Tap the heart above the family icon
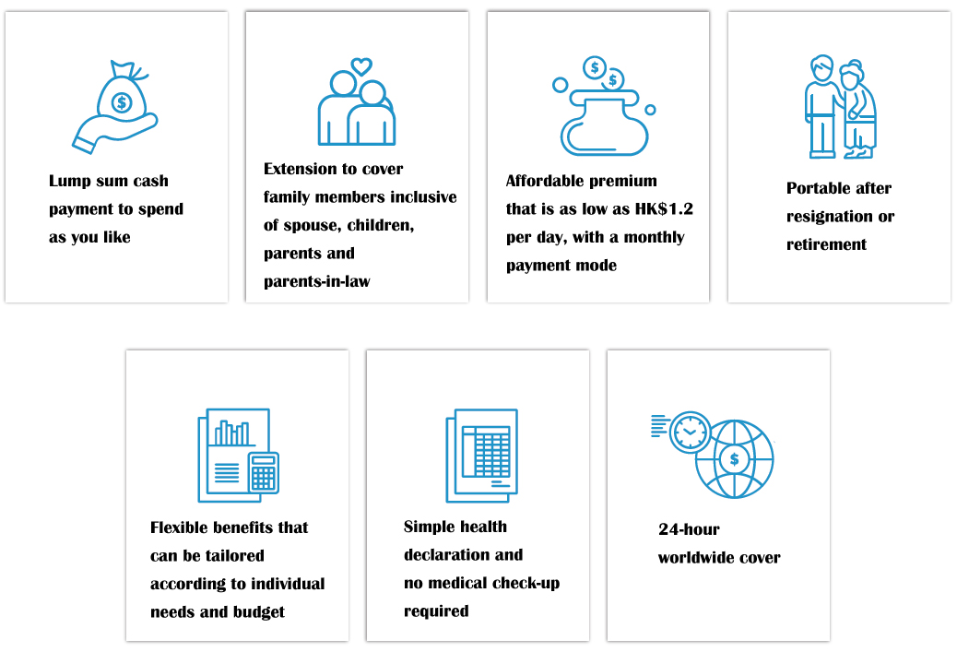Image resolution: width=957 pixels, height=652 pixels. (361, 65)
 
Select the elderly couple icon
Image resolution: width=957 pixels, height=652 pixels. (841, 106)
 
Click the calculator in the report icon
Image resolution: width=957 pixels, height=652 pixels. (264, 472)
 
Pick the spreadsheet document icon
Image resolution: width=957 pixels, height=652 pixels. (482, 456)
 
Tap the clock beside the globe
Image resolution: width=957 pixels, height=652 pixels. (690, 433)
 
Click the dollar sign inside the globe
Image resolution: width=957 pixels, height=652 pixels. (734, 459)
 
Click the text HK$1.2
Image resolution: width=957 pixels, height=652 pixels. (664, 208)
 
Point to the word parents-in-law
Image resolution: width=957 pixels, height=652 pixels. (317, 281)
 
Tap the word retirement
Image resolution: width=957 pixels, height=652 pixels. (826, 244)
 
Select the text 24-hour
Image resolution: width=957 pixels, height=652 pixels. (689, 529)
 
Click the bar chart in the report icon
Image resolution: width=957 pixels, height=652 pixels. (232, 433)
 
